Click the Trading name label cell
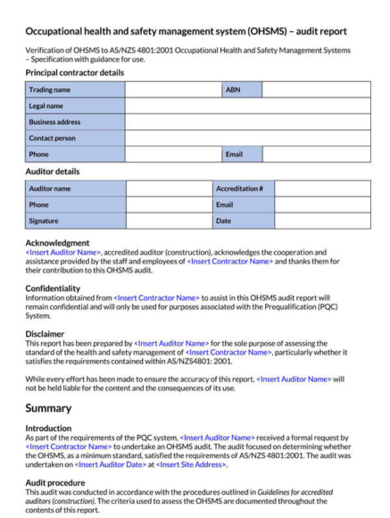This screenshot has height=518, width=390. coord(75,90)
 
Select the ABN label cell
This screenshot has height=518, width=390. coord(241,90)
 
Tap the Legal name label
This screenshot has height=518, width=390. coord(75,106)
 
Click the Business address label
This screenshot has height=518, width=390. coord(75,122)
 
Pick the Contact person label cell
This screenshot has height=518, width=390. coord(75,138)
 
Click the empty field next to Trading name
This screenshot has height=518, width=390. coord(172,90)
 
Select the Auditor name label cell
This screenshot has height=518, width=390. coord(75,188)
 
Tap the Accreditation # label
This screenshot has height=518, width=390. coord(242,188)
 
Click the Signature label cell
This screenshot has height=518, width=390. coord(75,221)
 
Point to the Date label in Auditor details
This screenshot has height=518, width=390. coord(242,221)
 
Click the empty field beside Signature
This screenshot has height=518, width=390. coord(168,221)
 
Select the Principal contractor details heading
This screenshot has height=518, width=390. coord(75,72)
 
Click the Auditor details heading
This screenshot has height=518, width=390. coord(53,171)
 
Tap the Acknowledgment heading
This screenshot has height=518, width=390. coord(57,243)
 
